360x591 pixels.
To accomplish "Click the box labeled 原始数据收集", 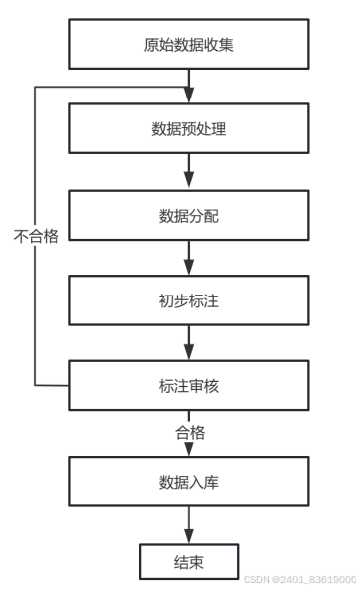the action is (189, 44).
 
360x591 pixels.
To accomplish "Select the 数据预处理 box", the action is (189, 128).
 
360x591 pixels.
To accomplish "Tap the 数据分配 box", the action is (189, 215).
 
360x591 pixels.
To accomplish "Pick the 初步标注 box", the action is (189, 300).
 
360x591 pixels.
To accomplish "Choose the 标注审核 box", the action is (189, 385).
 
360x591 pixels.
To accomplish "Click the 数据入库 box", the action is (189, 482).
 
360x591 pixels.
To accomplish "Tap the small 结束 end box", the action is (189, 561).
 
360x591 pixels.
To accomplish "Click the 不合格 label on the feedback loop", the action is (36, 236).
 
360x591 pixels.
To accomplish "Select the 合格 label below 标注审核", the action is (190, 433).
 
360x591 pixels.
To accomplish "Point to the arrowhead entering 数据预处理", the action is (189, 96).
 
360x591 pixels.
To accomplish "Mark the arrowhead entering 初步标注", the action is (189, 267).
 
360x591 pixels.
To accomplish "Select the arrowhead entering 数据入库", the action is (189, 449).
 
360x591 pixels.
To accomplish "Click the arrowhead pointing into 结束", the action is (189, 536).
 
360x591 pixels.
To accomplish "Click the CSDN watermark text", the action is (299, 579).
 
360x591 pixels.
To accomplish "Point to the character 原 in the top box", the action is (151, 45).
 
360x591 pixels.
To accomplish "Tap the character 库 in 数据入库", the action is (211, 482).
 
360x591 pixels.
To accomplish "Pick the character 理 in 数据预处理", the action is (219, 129).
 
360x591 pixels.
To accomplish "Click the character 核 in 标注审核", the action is (211, 386).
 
